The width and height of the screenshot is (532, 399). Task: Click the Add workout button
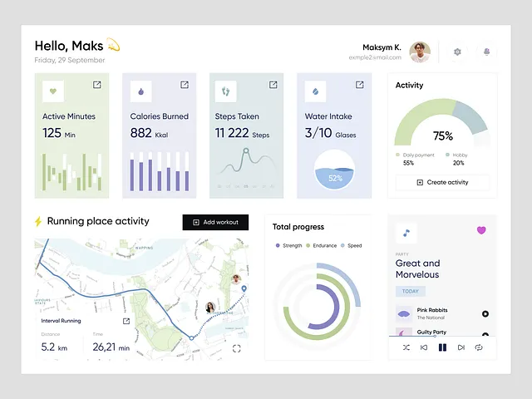point(215,222)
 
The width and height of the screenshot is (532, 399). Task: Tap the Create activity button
point(442,182)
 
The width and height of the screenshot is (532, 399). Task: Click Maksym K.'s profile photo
point(420,52)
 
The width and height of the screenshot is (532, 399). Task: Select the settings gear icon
point(457,52)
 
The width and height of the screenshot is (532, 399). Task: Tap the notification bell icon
point(486,52)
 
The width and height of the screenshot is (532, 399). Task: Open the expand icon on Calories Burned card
point(185,85)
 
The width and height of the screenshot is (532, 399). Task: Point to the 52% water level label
point(335,178)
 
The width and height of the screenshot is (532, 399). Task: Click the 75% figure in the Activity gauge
point(442,136)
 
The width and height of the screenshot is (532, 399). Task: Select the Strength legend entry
point(288,246)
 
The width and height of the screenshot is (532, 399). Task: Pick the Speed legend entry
point(351,246)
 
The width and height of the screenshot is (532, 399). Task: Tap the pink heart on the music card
point(481,230)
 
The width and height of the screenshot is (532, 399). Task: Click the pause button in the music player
point(442,347)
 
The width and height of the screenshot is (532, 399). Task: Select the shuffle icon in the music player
point(406,347)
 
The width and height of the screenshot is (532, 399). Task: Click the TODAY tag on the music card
point(411,292)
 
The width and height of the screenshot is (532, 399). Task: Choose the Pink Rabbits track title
point(432,310)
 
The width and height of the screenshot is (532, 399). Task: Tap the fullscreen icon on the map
point(237,349)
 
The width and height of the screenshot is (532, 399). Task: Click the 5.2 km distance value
point(53,347)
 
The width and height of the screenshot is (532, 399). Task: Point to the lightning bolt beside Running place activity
point(37,222)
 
